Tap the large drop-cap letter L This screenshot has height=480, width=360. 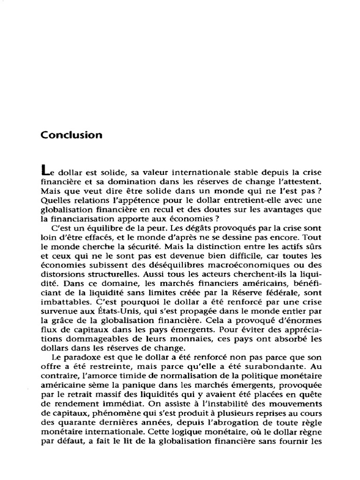click(x=45, y=171)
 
